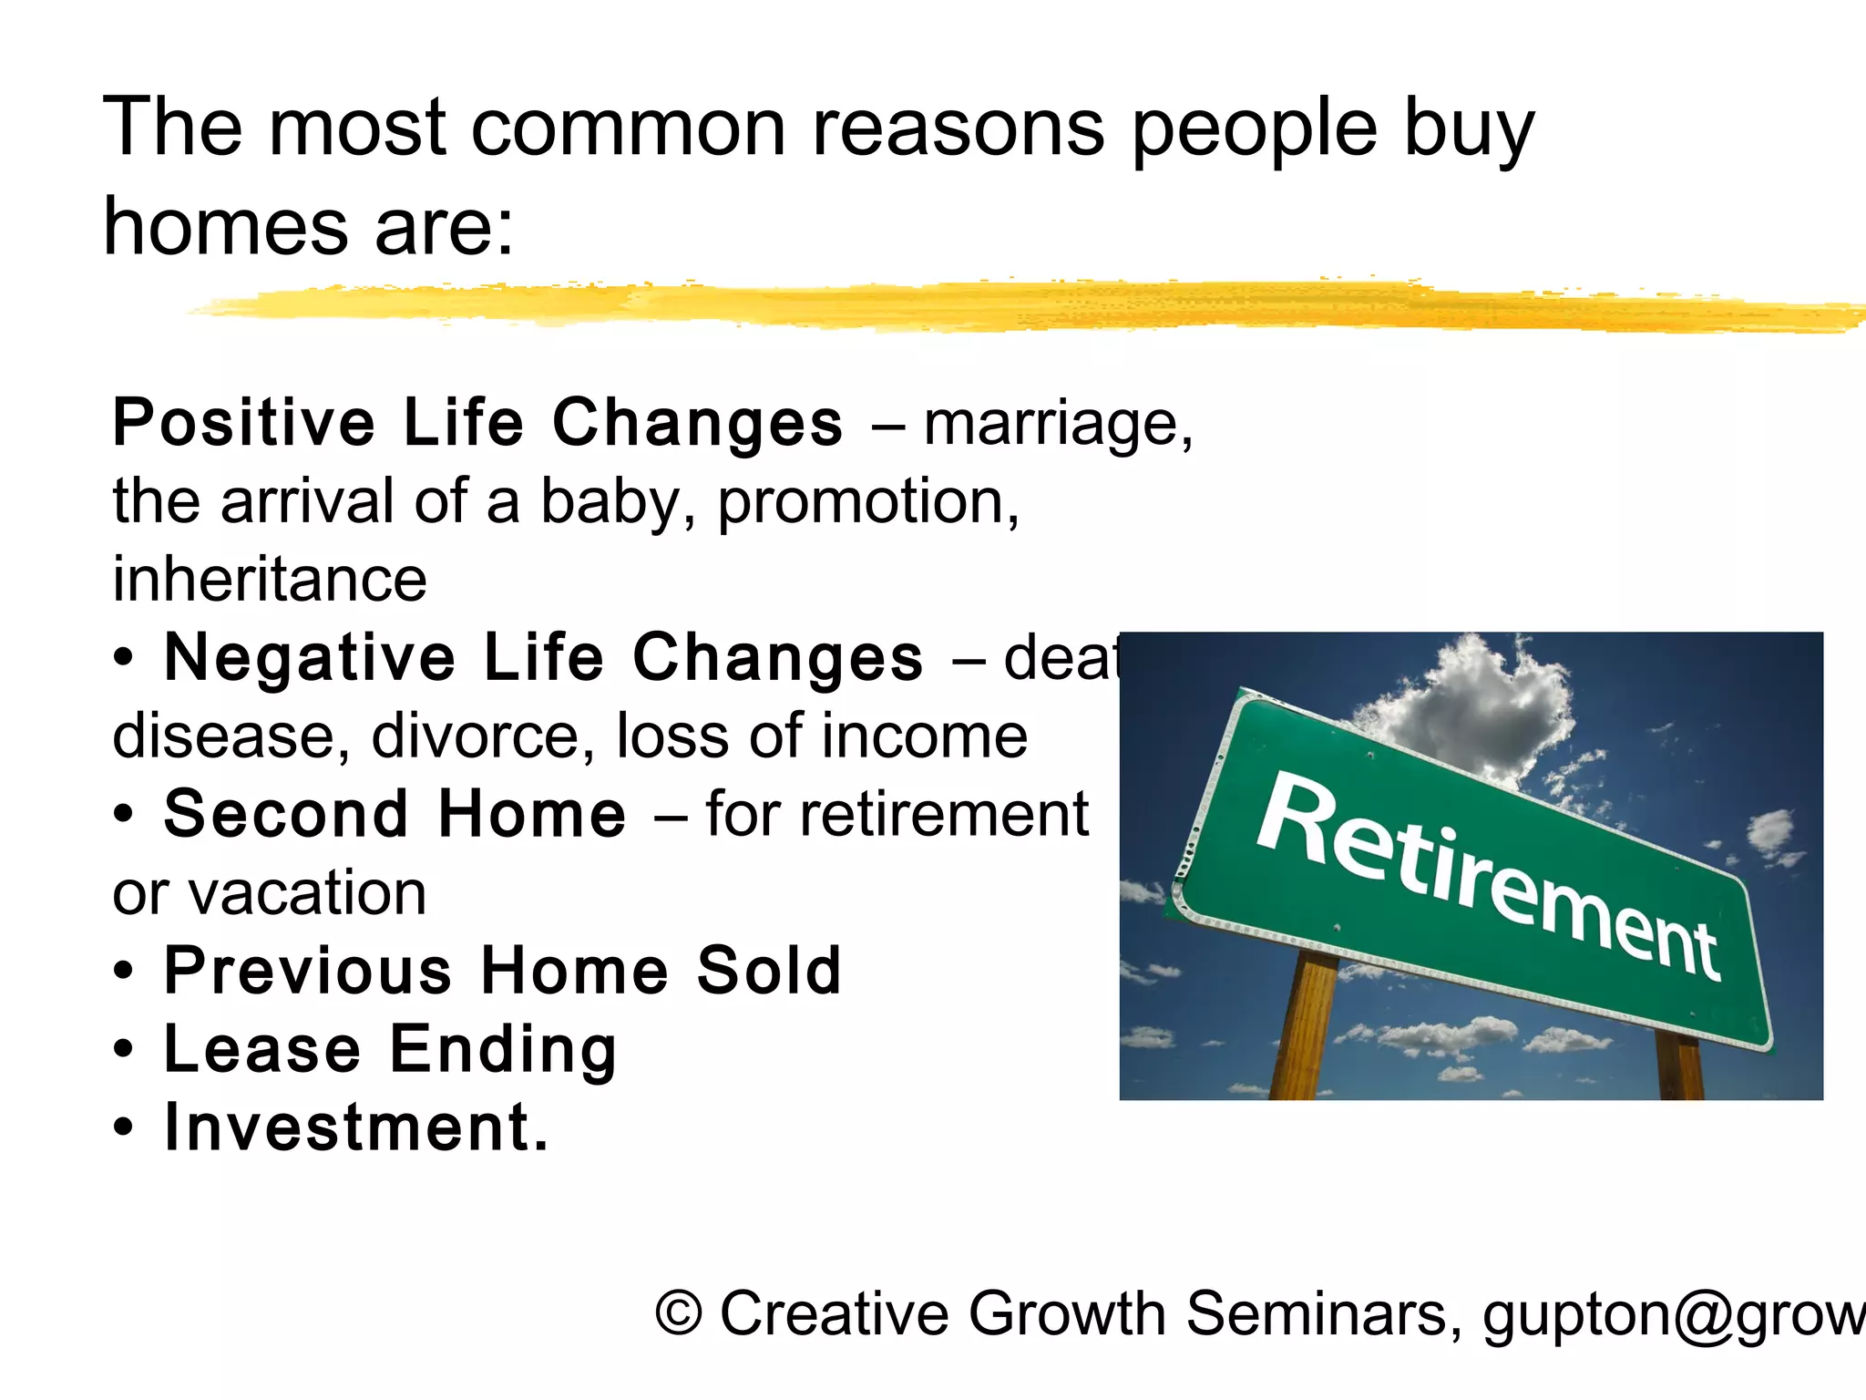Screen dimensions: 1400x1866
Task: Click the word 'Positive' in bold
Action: pyautogui.click(x=243, y=423)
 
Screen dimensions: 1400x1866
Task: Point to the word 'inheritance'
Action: pyautogui.click(x=270, y=580)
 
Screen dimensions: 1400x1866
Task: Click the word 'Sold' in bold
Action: pyautogui.click(x=768, y=971)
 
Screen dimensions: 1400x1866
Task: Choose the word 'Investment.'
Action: pyautogui.click(x=356, y=1128)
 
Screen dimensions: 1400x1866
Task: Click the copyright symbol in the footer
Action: pyautogui.click(x=680, y=1313)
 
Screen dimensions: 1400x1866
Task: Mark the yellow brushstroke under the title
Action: pyautogui.click(x=1002, y=305)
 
